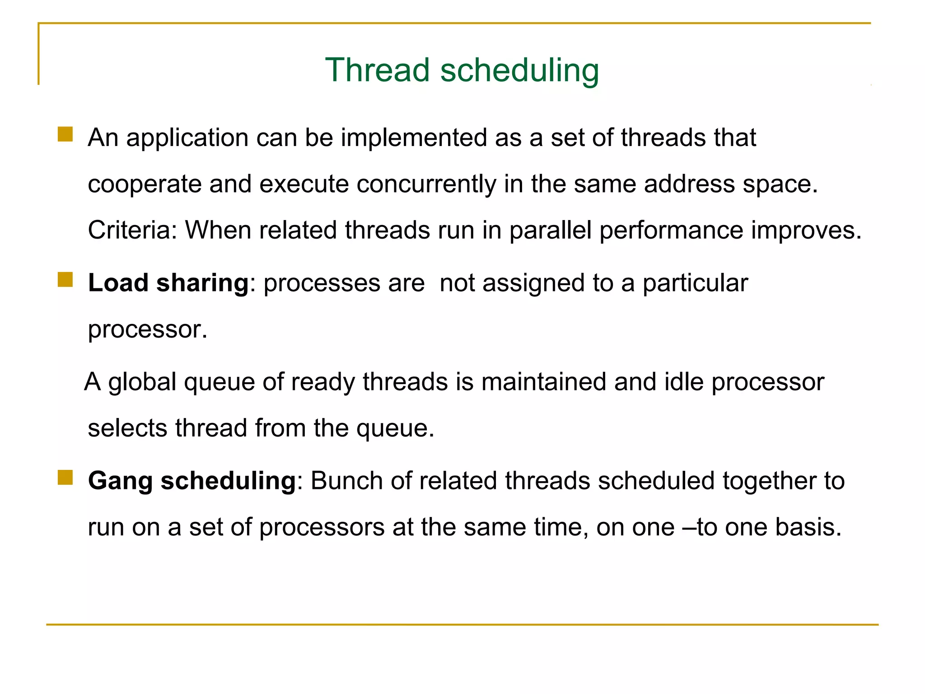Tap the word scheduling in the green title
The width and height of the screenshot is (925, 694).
click(519, 71)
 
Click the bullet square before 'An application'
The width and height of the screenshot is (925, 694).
click(65, 134)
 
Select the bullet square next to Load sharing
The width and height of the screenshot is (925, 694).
click(65, 280)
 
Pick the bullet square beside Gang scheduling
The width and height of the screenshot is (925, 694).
click(65, 477)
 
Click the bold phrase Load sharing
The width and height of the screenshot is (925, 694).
click(168, 283)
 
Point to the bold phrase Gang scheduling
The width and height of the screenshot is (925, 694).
click(192, 481)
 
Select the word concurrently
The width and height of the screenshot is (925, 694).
click(426, 184)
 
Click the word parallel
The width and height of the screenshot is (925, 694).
click(550, 230)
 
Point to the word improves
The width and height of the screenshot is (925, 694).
click(806, 230)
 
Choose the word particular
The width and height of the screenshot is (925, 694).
click(695, 283)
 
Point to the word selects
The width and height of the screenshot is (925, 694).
click(127, 428)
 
